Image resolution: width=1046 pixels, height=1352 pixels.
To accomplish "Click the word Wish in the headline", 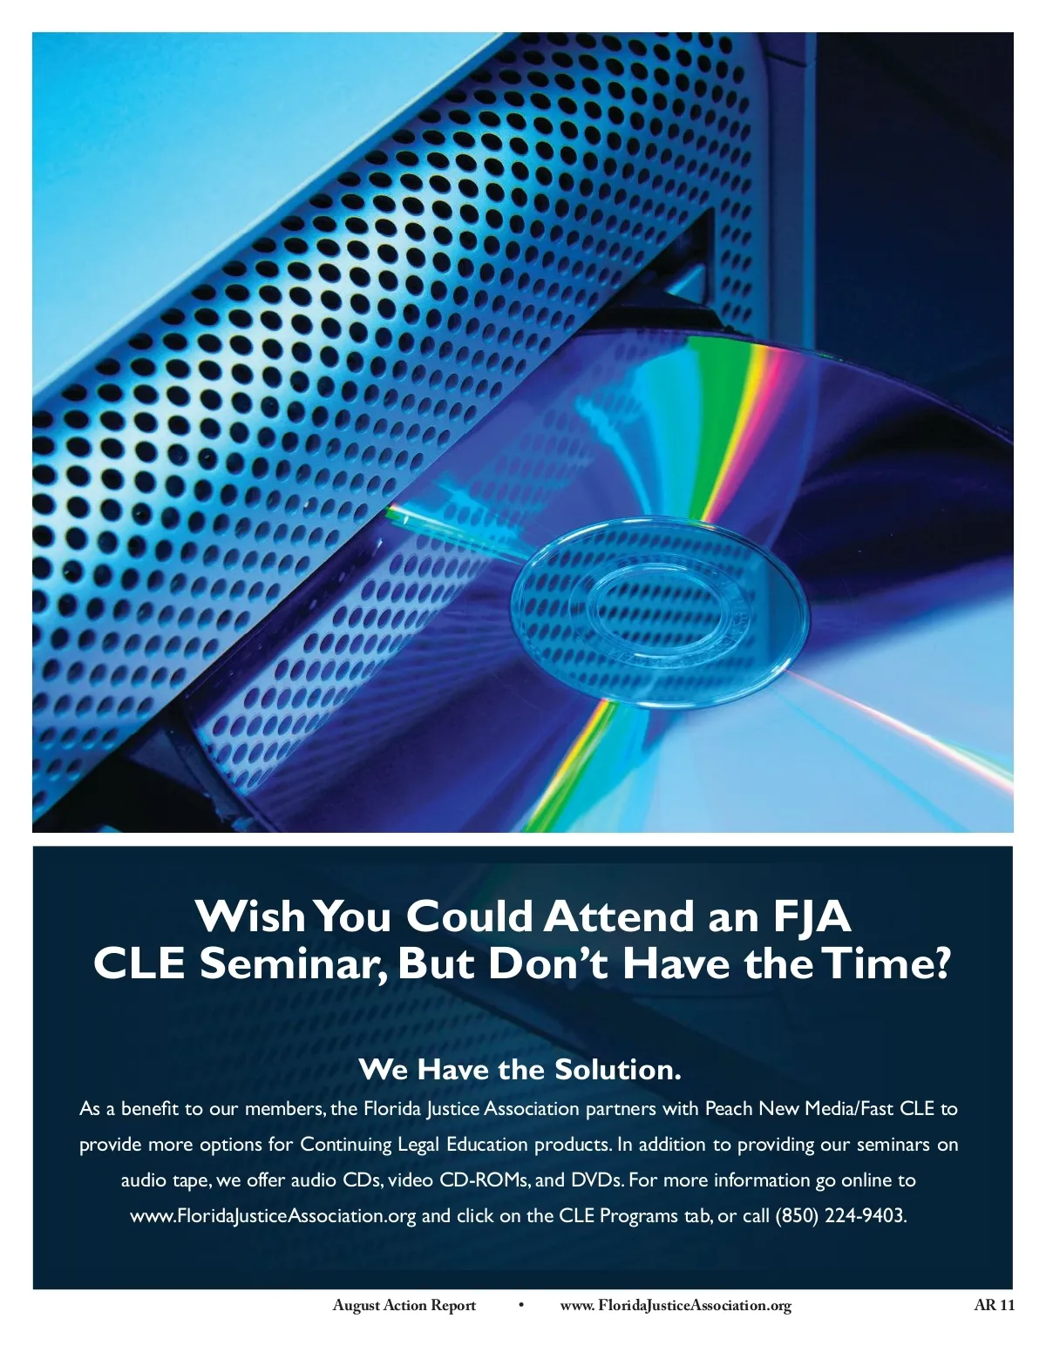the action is [250, 916].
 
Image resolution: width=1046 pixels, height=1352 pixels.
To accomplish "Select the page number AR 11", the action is [994, 1305].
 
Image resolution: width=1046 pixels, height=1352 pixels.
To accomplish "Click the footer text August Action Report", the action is [404, 1305].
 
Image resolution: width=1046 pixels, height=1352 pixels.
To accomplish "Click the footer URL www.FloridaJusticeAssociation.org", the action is [676, 1305].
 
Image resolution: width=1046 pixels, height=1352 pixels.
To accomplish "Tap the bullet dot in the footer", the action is [521, 1305].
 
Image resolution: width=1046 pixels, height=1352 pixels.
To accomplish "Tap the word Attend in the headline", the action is [619, 916].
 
